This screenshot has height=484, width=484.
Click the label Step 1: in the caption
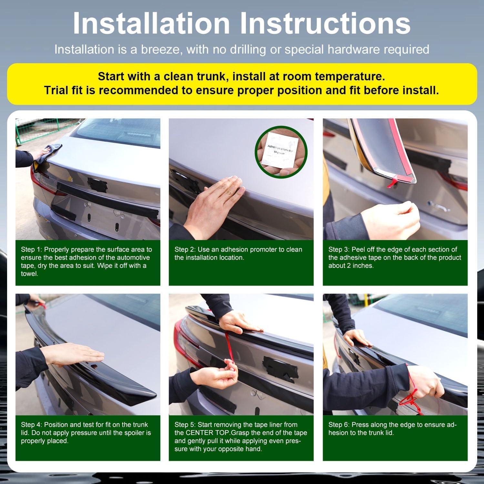[32, 249]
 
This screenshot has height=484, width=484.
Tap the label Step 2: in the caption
[185, 249]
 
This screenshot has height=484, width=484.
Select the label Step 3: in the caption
[339, 249]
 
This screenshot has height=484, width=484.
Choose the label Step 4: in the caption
[32, 425]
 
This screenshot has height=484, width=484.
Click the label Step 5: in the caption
[185, 425]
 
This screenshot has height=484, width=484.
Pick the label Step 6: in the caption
[339, 425]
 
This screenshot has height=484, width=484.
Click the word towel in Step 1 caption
[30, 274]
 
